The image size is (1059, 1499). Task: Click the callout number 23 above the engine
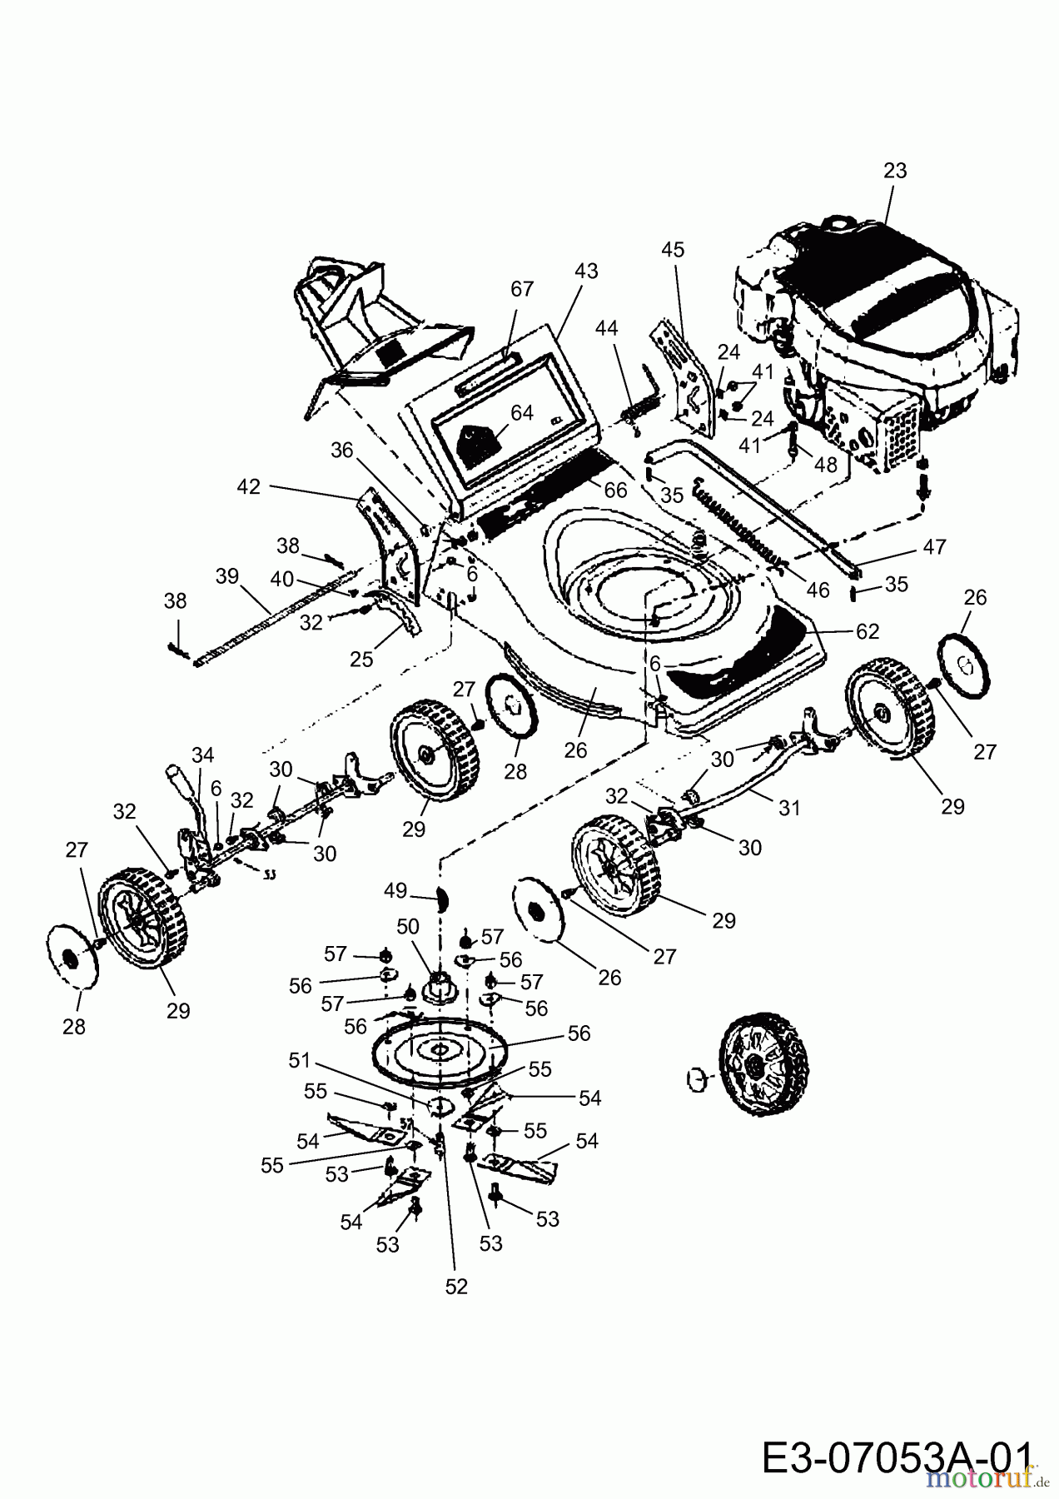(895, 171)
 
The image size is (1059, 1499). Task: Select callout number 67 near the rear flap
(522, 289)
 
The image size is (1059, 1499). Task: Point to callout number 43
(586, 271)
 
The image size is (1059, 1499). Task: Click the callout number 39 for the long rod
(226, 576)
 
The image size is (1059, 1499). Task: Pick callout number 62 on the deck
(868, 631)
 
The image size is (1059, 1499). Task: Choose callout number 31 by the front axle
(789, 807)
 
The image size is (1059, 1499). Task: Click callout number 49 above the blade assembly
(395, 891)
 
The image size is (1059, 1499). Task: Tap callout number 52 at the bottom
(456, 1287)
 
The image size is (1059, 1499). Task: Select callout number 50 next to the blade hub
(408, 926)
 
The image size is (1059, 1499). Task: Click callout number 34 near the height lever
(202, 754)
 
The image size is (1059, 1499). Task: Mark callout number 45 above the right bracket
(673, 249)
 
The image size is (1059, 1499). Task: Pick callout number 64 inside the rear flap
(522, 413)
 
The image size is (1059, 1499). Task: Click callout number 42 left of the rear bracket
(250, 486)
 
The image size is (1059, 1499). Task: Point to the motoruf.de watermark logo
(982, 1479)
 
